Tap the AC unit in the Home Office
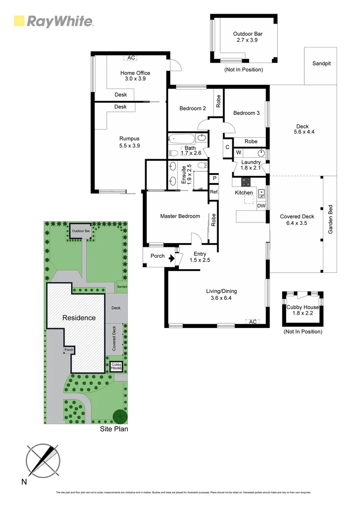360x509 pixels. pyautogui.click(x=131, y=58)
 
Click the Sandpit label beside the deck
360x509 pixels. pyautogui.click(x=321, y=63)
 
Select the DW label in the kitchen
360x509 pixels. pyautogui.click(x=261, y=206)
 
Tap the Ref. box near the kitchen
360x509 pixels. pyautogui.click(x=214, y=192)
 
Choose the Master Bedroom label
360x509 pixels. pyautogui.click(x=180, y=216)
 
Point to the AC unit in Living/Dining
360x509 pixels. pyautogui.click(x=252, y=321)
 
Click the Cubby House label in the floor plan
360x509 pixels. pyautogui.click(x=302, y=311)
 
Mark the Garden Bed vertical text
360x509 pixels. pyautogui.click(x=330, y=219)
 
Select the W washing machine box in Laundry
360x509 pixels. pyautogui.click(x=238, y=153)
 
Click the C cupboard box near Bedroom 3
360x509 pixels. pyautogui.click(x=227, y=147)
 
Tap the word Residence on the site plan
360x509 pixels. pyautogui.click(x=79, y=318)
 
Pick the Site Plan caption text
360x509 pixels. pyautogui.click(x=114, y=429)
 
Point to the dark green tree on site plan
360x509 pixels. pyautogui.click(x=120, y=416)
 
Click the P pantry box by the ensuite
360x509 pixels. pyautogui.click(x=214, y=179)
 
